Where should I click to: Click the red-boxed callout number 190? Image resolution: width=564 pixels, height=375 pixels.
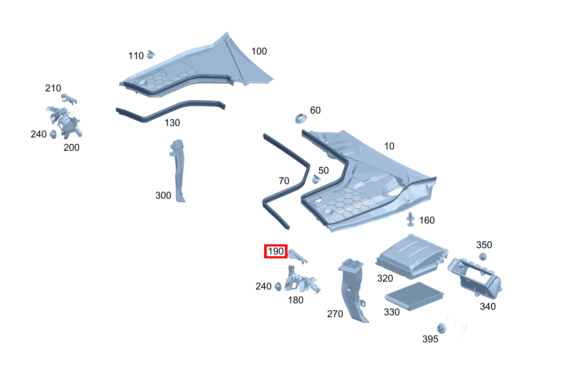point(276,252)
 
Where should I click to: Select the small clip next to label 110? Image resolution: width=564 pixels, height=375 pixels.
point(150,54)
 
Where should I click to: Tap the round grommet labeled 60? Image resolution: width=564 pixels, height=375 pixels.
point(302,118)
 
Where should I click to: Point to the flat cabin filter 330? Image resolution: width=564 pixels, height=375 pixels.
point(414,296)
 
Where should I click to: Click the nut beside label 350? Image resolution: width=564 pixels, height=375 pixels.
point(483,256)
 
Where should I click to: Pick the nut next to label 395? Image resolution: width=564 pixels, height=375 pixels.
point(442,329)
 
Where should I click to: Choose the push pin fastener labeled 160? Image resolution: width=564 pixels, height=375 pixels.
point(410,219)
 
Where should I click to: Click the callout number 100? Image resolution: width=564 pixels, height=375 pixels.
point(259,52)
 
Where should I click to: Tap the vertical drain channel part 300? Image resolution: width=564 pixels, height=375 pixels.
point(179,170)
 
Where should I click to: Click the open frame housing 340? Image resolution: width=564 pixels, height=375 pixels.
point(474,279)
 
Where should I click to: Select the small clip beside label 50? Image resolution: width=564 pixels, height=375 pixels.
point(316,178)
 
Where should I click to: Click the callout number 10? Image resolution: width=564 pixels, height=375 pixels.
point(389,146)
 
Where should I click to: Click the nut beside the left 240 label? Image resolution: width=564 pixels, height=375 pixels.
point(54,135)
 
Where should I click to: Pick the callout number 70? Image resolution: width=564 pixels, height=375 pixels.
point(284,181)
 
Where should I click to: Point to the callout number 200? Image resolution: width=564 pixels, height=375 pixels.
point(71,148)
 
